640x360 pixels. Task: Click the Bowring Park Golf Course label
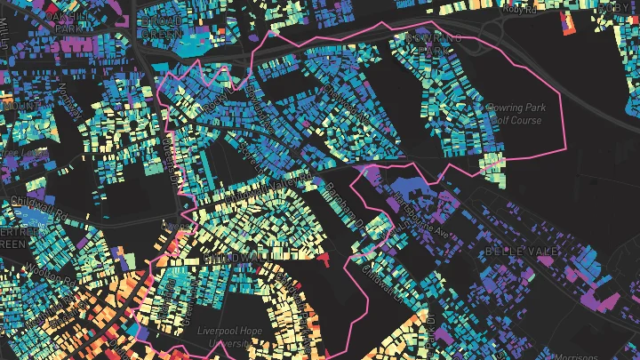(x=516, y=114)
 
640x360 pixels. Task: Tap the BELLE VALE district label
(x=522, y=252)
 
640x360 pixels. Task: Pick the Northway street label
(x=67, y=96)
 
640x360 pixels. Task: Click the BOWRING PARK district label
(x=435, y=46)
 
